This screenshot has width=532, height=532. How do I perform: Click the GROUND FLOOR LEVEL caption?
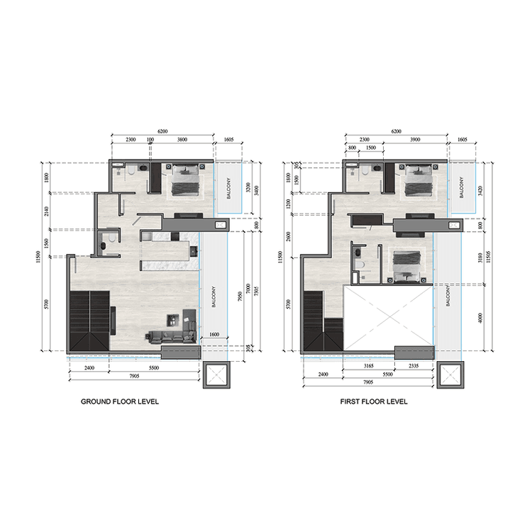pos(119,401)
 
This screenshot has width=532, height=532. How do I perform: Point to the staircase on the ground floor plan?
pos(90,319)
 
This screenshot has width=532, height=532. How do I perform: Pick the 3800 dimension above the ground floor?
pos(182,140)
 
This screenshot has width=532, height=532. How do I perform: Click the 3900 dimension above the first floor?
pos(416,140)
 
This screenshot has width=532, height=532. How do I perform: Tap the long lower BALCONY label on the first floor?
pos(448,295)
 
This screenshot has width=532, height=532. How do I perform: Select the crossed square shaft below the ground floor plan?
pos(214,374)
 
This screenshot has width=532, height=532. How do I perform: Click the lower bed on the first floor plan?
pos(406,265)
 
